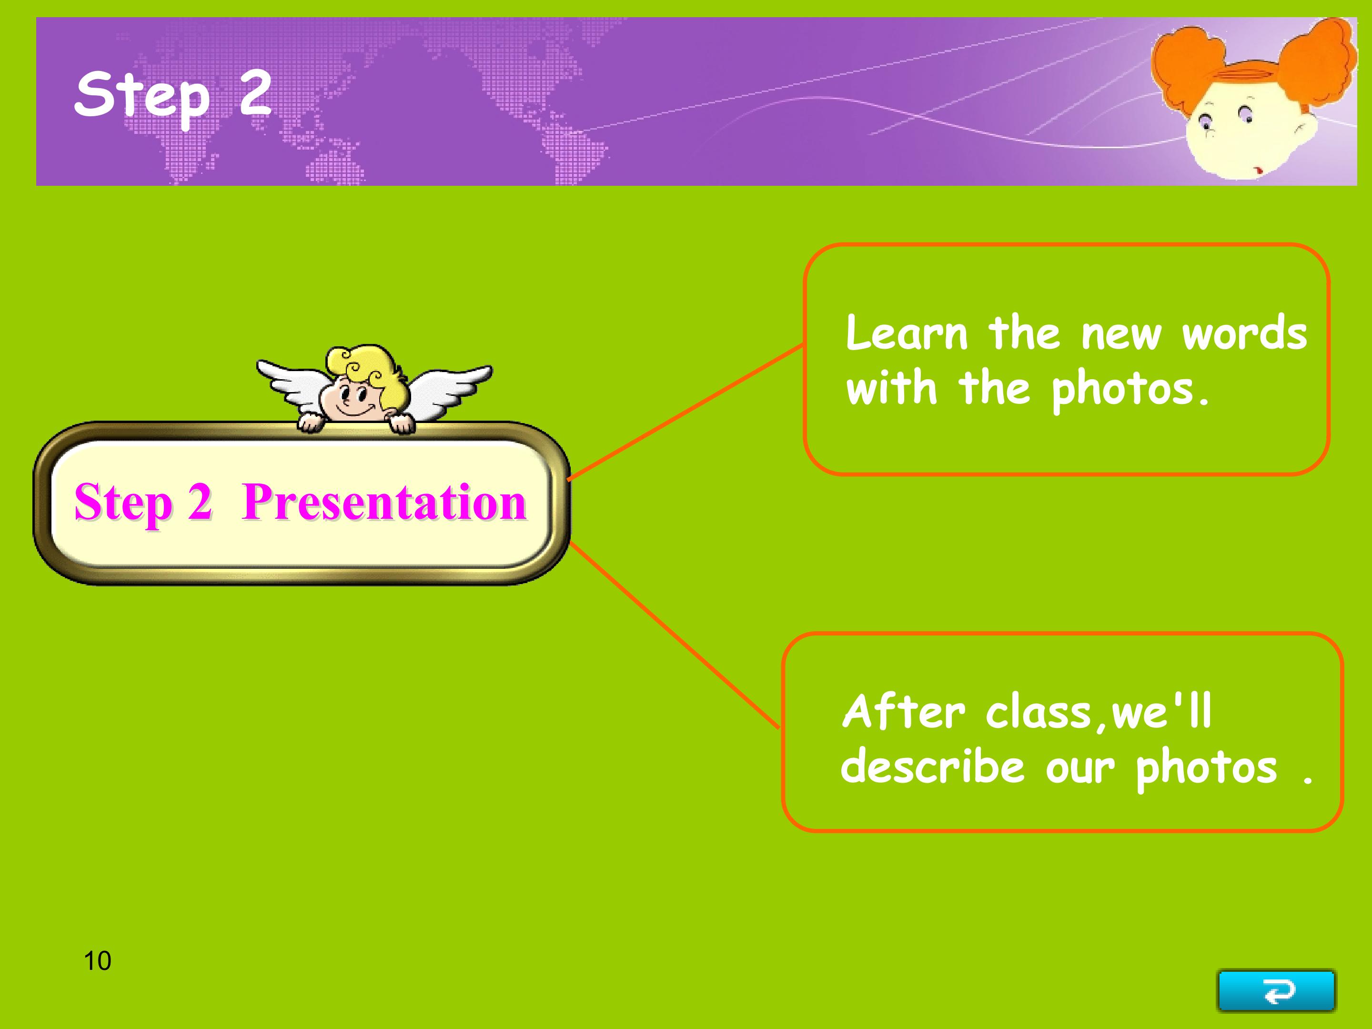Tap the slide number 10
point(97,961)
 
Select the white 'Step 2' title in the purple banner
point(173,97)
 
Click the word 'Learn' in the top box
point(907,333)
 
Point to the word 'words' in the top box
point(1244,333)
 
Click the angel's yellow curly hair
point(366,369)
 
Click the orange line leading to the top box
point(686,412)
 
